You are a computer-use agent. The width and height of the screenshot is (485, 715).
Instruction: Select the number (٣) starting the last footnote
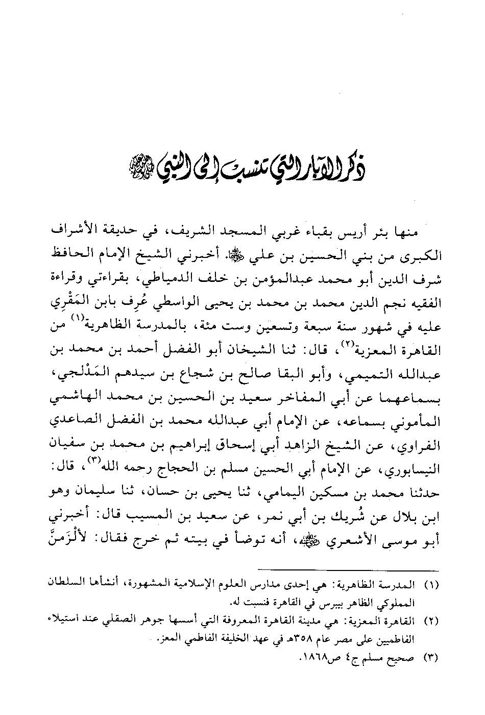pyautogui.click(x=431, y=657)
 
